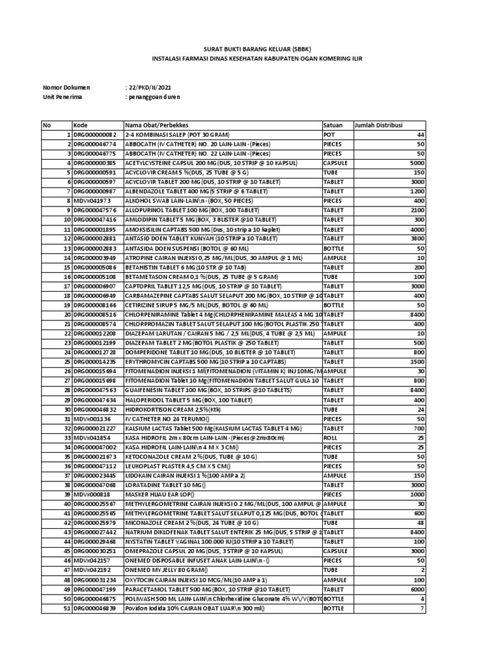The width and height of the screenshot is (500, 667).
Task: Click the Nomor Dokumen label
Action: [66, 87]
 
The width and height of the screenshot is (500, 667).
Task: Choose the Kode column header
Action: [81, 124]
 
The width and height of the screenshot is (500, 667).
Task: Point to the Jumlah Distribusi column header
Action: [379, 124]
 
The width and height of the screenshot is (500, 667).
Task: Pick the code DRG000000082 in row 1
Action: [94, 134]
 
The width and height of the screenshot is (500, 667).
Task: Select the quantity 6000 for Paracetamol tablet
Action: [414, 589]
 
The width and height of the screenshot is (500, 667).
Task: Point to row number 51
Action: [66, 608]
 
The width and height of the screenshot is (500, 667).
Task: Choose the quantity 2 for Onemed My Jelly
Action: [421, 571]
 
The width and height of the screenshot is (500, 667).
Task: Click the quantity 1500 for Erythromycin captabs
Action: [413, 362]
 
